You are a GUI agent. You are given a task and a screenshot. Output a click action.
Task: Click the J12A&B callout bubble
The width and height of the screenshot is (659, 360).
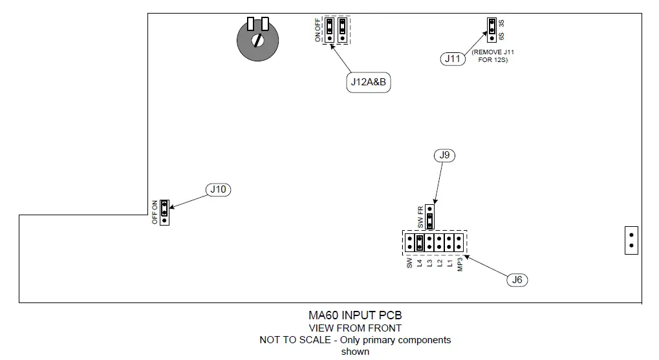coord(369,83)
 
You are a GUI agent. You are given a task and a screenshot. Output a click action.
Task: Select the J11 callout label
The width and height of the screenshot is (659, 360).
coord(453,59)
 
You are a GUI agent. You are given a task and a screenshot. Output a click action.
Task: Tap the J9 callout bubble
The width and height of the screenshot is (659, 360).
coord(444,155)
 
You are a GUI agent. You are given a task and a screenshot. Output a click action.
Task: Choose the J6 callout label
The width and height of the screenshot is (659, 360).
coord(517,280)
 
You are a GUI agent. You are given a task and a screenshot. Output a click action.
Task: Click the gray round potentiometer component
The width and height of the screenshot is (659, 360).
coord(257,40)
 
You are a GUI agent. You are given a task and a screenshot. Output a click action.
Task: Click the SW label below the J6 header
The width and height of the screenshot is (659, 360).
coord(409,263)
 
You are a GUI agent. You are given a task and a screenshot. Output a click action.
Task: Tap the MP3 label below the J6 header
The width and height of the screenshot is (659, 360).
coord(459,265)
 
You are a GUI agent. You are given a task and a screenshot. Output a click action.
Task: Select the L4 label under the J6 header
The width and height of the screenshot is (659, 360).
coord(420,263)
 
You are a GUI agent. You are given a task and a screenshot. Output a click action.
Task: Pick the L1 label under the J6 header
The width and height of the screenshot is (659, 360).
coord(449,263)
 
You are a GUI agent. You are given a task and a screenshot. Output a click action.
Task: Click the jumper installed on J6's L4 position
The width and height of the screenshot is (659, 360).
coord(419,243)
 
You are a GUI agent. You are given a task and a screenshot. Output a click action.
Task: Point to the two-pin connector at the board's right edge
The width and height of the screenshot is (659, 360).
coord(631,240)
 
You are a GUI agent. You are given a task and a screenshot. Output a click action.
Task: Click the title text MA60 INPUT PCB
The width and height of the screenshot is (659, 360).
coord(355,316)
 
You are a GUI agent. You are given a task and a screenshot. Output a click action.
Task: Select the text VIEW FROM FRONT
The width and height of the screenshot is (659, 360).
coord(355,328)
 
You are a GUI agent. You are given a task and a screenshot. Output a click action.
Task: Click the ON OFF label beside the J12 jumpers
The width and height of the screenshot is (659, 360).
coord(318,30)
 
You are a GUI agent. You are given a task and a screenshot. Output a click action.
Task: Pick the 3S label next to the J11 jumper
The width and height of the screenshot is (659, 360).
coord(501,23)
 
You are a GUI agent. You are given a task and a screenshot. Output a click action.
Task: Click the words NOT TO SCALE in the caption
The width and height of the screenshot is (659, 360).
coord(294,339)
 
